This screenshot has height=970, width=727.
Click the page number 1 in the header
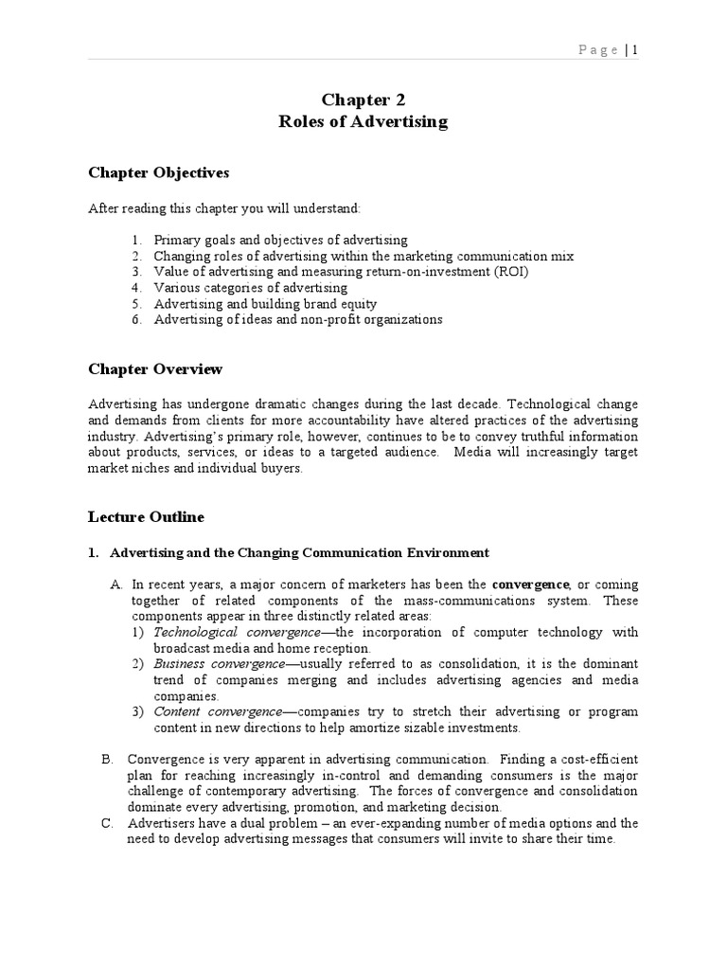(x=635, y=50)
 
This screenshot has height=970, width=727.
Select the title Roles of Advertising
(x=363, y=121)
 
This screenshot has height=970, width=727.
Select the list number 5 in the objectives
(x=136, y=304)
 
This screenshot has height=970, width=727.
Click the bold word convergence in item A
(x=531, y=584)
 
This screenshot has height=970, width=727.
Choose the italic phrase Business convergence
(x=219, y=664)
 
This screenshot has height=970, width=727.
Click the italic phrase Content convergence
(x=217, y=711)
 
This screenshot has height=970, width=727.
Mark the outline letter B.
(x=107, y=760)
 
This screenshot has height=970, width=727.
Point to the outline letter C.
(x=107, y=823)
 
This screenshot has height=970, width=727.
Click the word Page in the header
(x=598, y=50)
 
